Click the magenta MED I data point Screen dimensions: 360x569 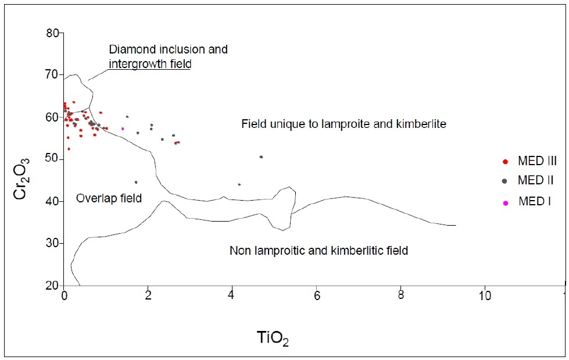click(123, 129)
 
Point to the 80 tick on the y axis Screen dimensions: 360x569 click(53, 33)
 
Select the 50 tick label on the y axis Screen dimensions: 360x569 click(53, 159)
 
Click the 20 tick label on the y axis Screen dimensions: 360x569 click(53, 286)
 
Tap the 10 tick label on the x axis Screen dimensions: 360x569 click(484, 296)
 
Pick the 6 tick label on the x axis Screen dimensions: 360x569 click(316, 296)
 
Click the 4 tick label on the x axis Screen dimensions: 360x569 click(232, 296)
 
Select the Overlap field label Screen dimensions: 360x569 click(109, 198)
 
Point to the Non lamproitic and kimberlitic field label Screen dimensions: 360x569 click(319, 251)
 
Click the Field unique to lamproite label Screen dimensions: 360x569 click(343, 124)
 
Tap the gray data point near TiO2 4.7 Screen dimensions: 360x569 click(261, 157)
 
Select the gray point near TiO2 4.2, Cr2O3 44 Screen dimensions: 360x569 click(239, 184)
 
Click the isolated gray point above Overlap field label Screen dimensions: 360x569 click(136, 182)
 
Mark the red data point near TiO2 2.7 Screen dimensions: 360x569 click(175, 143)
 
